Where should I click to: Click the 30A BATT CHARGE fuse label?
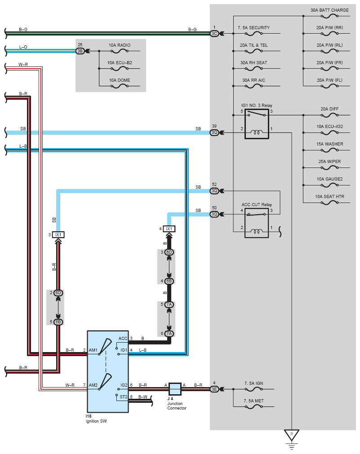coord(329,10)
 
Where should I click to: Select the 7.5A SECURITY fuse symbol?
coord(253,34)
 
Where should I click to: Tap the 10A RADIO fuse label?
coord(120,45)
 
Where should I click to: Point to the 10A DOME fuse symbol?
coord(120,86)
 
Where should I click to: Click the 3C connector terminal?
coord(214,34)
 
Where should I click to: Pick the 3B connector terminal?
coord(80,51)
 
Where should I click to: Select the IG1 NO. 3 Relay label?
coord(257,106)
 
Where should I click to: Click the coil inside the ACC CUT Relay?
coord(257,231)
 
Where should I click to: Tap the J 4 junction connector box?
coord(175,389)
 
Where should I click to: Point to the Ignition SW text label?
coord(96,421)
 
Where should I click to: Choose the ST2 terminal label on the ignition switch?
coord(124,397)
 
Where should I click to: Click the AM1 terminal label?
coord(93,350)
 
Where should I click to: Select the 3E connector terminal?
coord(214,389)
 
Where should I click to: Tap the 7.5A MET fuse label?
coord(253,401)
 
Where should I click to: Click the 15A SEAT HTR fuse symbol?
coord(329,203)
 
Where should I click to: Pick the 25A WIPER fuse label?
coord(329,162)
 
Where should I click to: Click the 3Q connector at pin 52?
coord(214,191)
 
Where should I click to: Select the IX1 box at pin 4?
coord(169,229)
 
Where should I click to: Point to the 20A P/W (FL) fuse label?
coord(329,80)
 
